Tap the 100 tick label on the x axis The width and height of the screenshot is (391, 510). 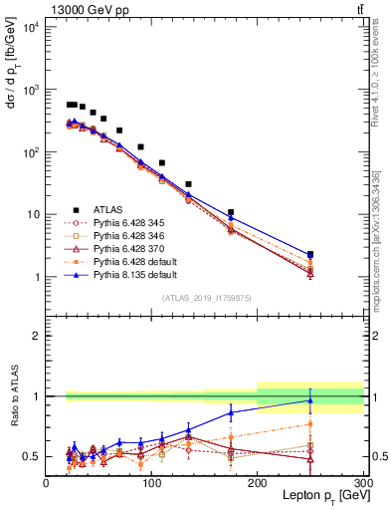coord(151,482)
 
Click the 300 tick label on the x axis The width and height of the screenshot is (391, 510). coord(362,482)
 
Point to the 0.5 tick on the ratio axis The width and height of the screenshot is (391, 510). coord(34,456)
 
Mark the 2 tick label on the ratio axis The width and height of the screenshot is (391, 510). coord(38,336)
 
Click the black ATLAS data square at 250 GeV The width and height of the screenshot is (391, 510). coord(310,255)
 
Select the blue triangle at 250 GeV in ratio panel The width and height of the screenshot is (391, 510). coord(310,400)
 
